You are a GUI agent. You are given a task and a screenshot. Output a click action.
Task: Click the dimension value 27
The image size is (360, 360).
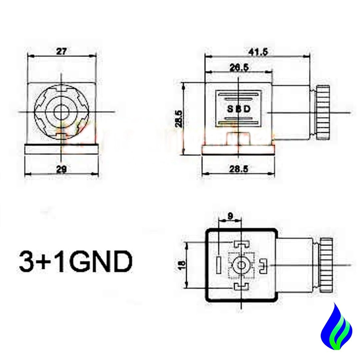pyautogui.click(x=62, y=51)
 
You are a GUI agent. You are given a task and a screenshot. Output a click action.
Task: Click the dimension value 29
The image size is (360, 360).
pyautogui.click(x=62, y=169)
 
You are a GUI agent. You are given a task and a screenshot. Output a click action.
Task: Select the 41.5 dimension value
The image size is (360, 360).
pyautogui.click(x=258, y=52)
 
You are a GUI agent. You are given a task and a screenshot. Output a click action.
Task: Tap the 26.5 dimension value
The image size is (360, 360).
pyautogui.click(x=239, y=67)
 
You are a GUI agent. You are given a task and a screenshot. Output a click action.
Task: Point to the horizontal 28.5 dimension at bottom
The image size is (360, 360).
pyautogui.click(x=239, y=169)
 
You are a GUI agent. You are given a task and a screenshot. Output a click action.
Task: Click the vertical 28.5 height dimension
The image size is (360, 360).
pyautogui.click(x=179, y=118)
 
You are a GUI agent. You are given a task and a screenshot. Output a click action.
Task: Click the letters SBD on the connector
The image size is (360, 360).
pyautogui.click(x=238, y=109)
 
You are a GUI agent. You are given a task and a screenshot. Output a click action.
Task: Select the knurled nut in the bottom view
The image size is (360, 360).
pyautogui.click(x=325, y=265)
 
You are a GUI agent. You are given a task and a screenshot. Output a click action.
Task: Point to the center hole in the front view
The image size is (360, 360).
pyautogui.click(x=62, y=112)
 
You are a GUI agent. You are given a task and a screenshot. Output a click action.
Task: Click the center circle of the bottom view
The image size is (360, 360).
pyautogui.click(x=241, y=265)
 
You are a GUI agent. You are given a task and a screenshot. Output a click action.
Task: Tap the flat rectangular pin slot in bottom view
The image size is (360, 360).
pyautogui.click(x=218, y=265)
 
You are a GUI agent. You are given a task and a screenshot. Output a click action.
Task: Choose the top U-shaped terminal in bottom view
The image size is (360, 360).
pyautogui.click(x=241, y=244)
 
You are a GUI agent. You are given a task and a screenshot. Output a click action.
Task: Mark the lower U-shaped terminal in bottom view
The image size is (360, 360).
pyautogui.click(x=241, y=286)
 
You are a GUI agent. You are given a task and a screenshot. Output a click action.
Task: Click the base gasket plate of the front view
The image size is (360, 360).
pyautogui.click(x=62, y=149)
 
